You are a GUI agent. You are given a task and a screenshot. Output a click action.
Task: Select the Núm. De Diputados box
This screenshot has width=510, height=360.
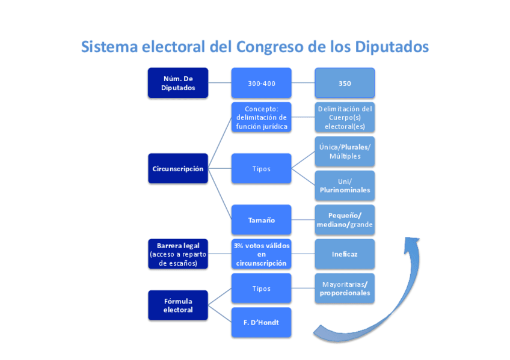click(x=177, y=83)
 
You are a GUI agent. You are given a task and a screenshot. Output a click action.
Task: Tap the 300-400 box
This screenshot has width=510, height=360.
click(x=262, y=83)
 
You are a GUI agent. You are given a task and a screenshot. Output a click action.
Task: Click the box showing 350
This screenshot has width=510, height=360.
click(x=345, y=83)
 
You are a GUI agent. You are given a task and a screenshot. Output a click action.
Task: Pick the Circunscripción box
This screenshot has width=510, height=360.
click(x=177, y=169)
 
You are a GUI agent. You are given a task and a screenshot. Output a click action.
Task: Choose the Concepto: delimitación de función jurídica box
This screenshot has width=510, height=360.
click(x=262, y=117)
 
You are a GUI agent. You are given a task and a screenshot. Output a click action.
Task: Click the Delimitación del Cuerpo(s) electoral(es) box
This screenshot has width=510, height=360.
click(x=345, y=117)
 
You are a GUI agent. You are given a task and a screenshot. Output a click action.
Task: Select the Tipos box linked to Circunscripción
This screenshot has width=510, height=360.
click(x=262, y=169)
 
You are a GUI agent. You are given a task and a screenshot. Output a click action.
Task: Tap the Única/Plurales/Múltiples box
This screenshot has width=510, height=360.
click(x=345, y=151)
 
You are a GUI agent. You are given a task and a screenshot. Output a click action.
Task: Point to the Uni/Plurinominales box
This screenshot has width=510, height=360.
click(x=345, y=186)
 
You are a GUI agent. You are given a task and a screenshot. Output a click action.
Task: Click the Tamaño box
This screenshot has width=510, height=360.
click(x=262, y=220)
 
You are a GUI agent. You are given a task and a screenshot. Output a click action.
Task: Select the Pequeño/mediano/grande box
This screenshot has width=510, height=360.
click(x=345, y=220)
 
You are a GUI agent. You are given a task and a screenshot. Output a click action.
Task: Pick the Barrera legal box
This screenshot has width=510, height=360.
click(x=177, y=254)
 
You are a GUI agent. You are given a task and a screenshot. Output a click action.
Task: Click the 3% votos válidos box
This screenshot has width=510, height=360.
click(x=262, y=254)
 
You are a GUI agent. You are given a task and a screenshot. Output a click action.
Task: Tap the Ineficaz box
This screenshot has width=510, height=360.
click(x=345, y=254)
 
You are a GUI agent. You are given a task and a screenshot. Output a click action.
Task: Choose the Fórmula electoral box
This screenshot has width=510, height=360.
click(x=177, y=305)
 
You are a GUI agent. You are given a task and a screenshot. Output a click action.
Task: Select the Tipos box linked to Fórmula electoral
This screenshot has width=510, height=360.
click(x=262, y=288)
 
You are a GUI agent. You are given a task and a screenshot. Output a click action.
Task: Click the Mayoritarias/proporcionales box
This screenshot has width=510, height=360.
click(x=345, y=288)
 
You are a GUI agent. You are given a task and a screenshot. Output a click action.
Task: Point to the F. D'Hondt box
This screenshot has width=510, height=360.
click(x=262, y=323)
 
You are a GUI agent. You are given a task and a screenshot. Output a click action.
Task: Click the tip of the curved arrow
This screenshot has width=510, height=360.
click(x=412, y=239)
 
